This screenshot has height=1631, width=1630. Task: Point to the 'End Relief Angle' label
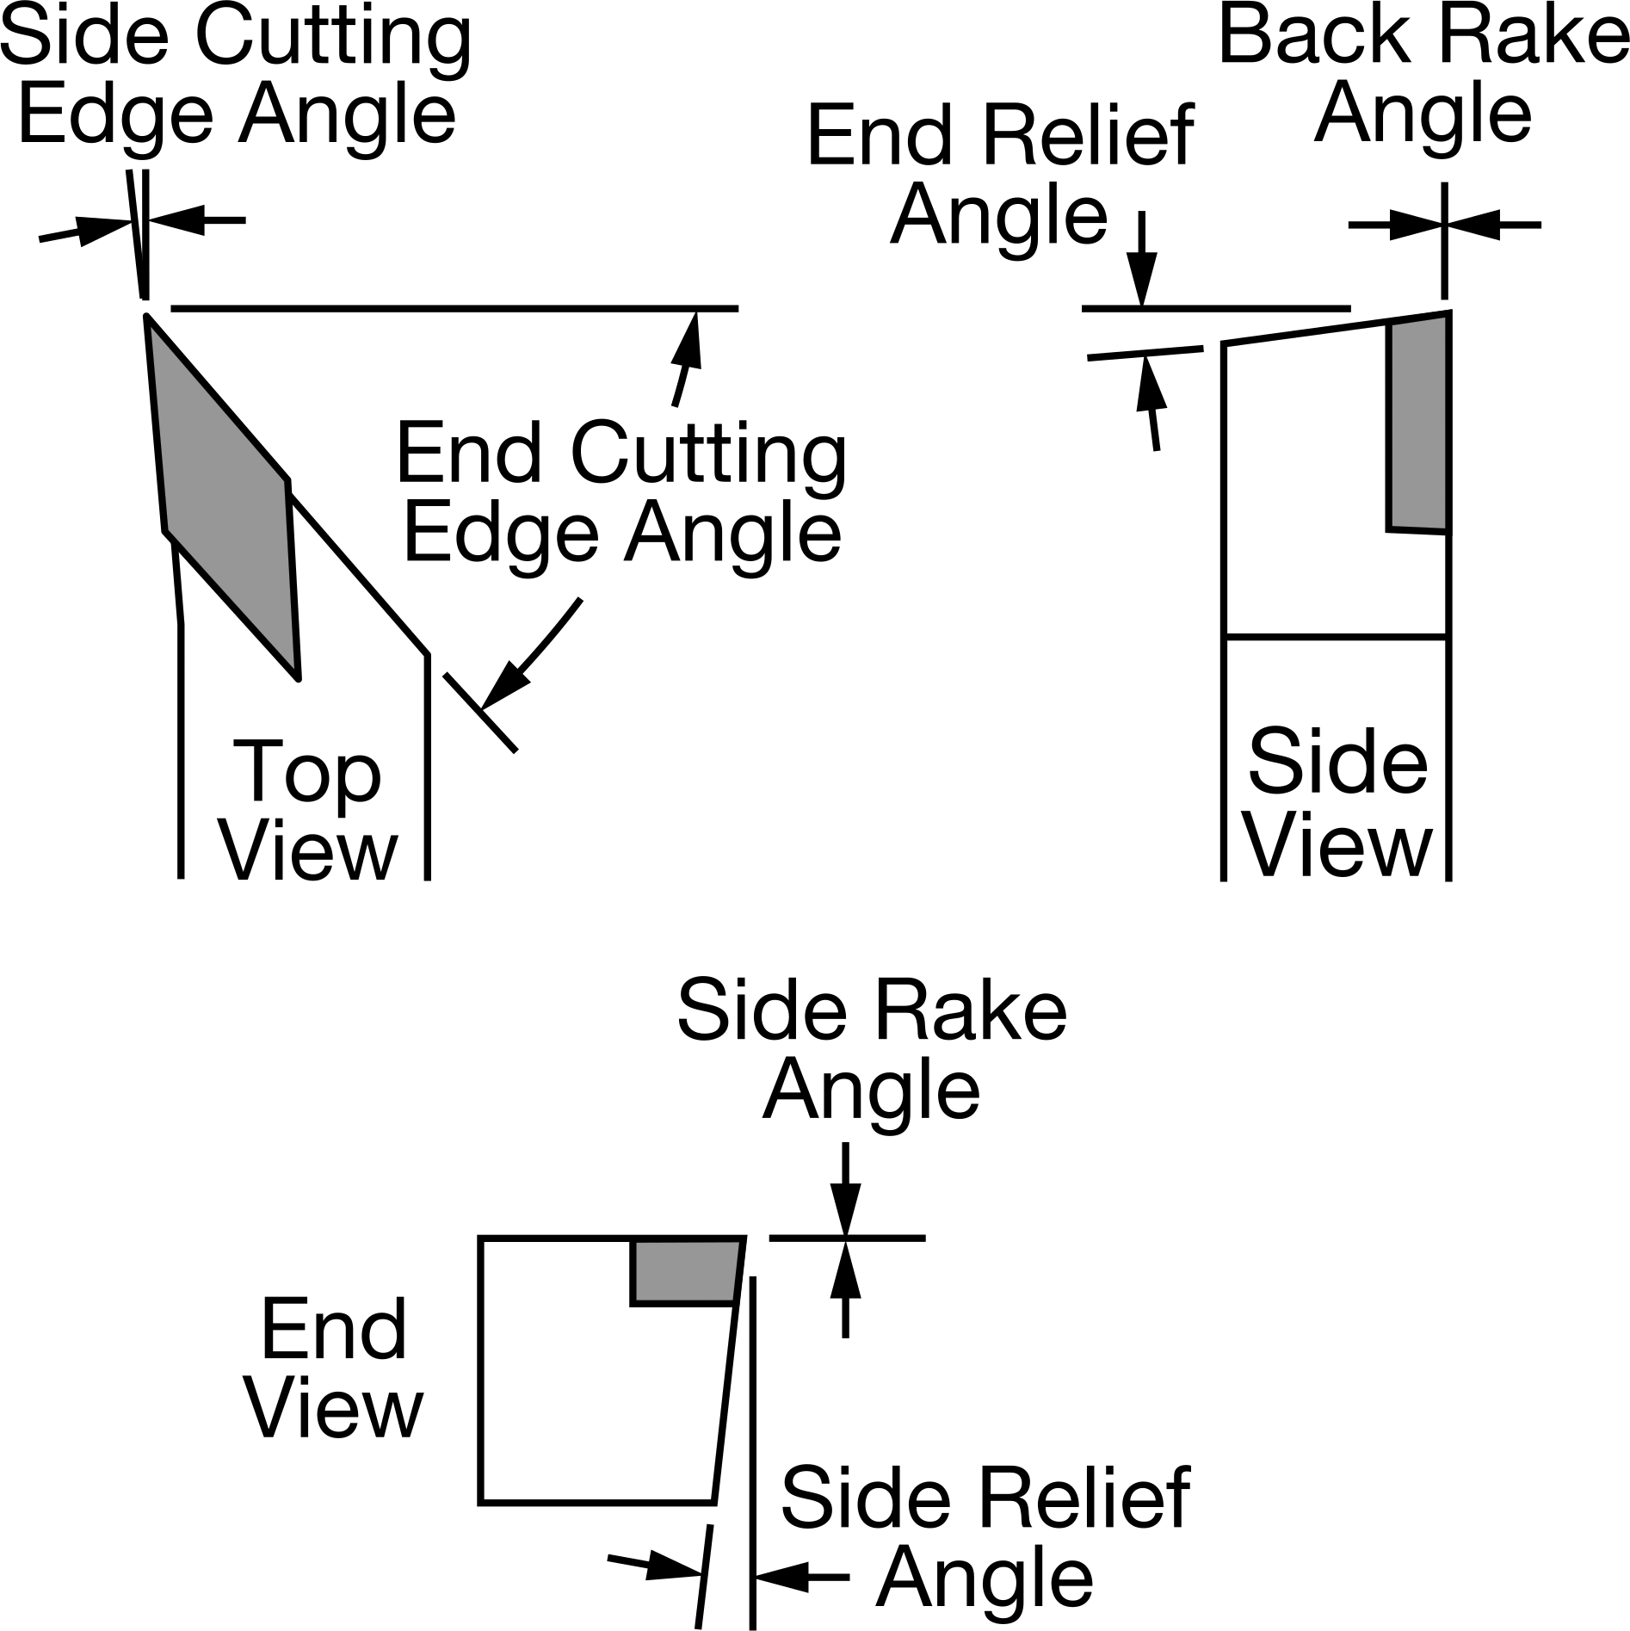click(x=1000, y=176)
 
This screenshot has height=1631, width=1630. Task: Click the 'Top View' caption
click(x=308, y=809)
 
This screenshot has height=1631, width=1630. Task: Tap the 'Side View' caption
click(x=1337, y=803)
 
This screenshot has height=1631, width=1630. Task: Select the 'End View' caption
click(x=335, y=1370)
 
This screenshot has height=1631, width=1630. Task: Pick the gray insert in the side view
click(x=1418, y=423)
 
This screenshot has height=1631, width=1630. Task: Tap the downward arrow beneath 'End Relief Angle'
click(x=1142, y=259)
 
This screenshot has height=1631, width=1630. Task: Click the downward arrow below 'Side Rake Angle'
click(x=845, y=1190)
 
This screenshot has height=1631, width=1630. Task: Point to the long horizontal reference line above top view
click(x=454, y=307)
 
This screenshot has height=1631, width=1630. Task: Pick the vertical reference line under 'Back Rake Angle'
click(x=1444, y=240)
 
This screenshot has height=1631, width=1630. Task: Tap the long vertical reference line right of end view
click(x=753, y=1453)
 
